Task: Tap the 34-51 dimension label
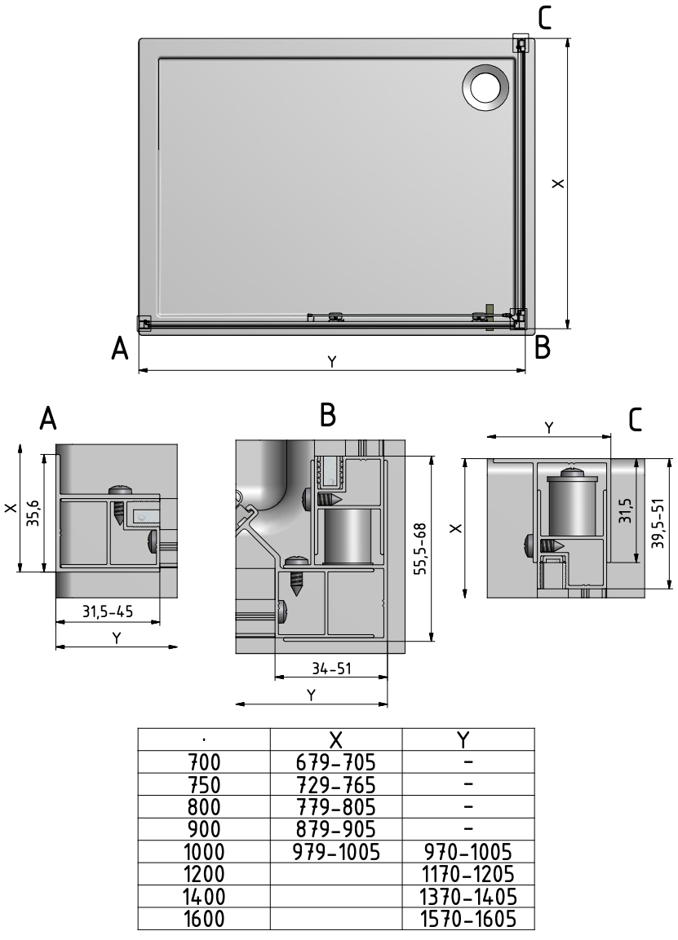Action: point(330,669)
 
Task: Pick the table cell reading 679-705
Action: point(335,763)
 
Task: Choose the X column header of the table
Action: point(335,739)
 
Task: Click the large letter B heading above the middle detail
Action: point(328,416)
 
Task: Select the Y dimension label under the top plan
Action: point(331,361)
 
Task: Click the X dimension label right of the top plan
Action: point(556,183)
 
